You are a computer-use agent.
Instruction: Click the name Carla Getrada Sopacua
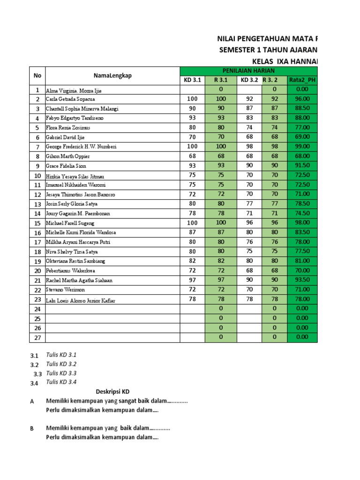pos(70,99)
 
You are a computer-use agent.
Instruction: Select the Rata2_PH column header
pos(302,80)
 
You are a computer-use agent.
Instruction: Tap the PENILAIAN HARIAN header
pos(248,70)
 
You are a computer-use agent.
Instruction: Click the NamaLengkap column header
pos(112,75)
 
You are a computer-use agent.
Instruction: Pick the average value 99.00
pos(302,146)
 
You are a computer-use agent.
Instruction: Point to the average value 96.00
pos(302,99)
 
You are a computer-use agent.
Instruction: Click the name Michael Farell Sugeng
pos(70,223)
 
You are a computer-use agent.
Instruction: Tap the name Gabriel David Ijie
pos(66,137)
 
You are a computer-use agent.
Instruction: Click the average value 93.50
pos(302,280)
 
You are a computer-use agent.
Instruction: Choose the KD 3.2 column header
pos(249,80)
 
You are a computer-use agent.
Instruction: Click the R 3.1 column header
pos(221,80)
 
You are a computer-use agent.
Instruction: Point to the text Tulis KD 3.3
pos(61,373)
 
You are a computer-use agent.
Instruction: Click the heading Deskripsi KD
pos(113,391)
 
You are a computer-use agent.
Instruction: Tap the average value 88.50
pos(302,108)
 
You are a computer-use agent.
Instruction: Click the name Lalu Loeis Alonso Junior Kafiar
pos(80,300)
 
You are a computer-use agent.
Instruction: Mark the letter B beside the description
pos(32,428)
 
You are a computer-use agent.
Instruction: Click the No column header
pos(37,75)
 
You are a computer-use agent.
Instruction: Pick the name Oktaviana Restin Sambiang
pos(75,261)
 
